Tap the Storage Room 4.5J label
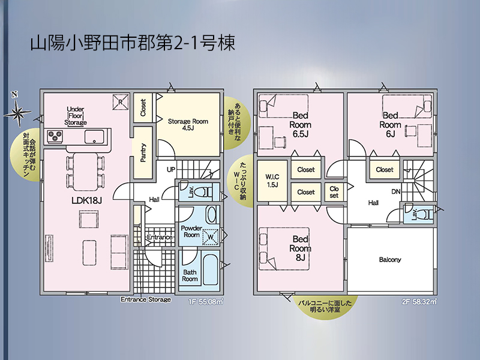tap(188, 124)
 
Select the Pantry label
tap(143, 153)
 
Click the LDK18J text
tap(86, 200)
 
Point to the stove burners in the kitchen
tap(55, 136)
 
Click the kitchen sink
tap(94, 137)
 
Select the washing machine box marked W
tap(211, 237)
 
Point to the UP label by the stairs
tap(171, 169)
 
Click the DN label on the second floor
tap(396, 191)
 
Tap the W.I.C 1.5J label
tap(272, 181)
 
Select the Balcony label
tap(389, 260)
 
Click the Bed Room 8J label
tap(301, 248)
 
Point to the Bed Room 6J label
tap(391, 125)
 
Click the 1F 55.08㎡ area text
tap(206, 302)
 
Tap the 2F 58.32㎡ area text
tap(419, 302)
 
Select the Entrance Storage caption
tap(146, 299)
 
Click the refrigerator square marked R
tap(121, 101)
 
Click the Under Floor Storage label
tap(76, 116)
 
